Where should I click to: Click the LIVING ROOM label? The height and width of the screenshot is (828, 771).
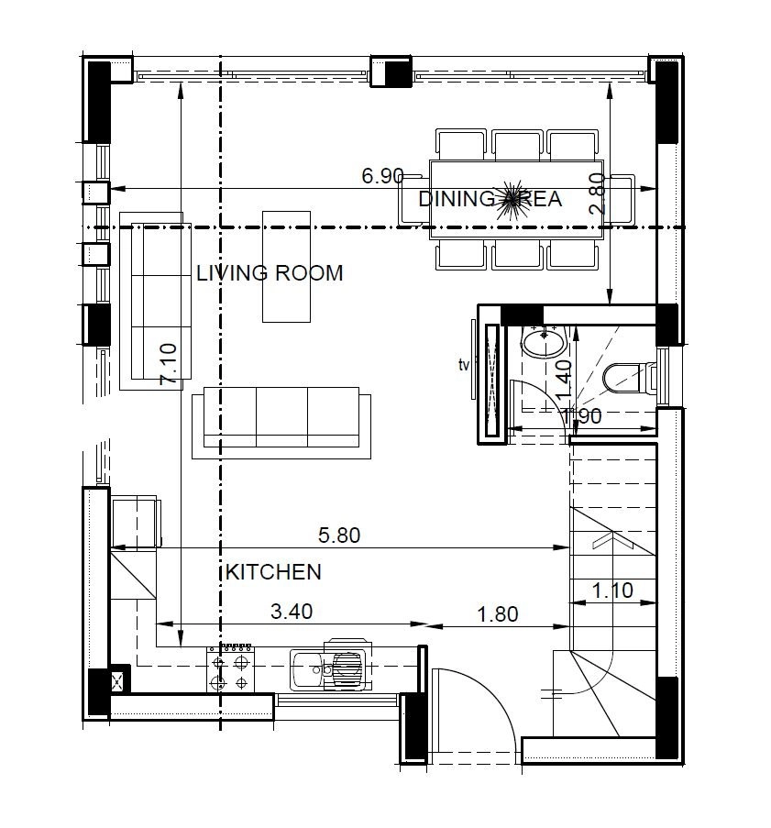tap(270, 273)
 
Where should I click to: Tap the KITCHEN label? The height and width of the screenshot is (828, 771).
tap(273, 572)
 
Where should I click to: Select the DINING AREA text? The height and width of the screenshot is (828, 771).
tap(490, 199)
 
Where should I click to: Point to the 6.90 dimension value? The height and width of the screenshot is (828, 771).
tap(383, 176)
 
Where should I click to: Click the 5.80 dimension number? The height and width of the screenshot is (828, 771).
tap(339, 535)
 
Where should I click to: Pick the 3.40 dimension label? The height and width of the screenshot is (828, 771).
tap(292, 612)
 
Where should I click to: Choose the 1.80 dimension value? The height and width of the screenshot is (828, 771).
tap(498, 614)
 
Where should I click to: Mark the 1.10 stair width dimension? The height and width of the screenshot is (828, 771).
tap(612, 590)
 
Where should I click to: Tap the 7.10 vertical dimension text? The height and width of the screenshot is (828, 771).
tap(169, 364)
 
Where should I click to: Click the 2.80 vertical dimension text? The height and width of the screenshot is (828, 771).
tap(597, 193)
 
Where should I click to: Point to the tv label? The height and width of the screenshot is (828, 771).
tap(464, 365)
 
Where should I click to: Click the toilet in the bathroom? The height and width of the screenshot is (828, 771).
tap(628, 378)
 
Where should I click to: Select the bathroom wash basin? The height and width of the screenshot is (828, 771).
tap(545, 342)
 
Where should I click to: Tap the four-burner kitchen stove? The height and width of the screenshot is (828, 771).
tap(230, 668)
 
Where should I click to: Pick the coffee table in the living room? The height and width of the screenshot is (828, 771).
tap(286, 267)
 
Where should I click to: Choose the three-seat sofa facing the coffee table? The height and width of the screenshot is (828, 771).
tap(281, 423)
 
